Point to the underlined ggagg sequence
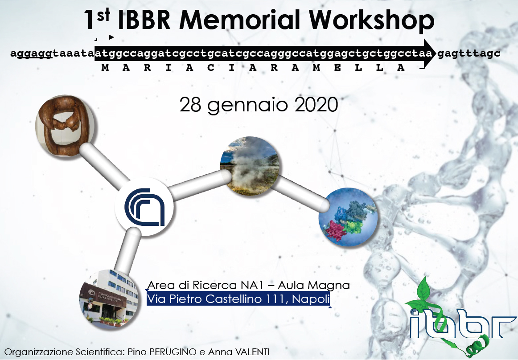pyautogui.click(x=34, y=53)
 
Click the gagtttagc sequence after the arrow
pyautogui.click(x=469, y=53)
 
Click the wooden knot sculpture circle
pyautogui.click(x=65, y=127)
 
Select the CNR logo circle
pyautogui.click(x=144, y=206)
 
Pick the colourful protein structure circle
pyautogui.click(x=348, y=217)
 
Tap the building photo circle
pyautogui.click(x=109, y=299)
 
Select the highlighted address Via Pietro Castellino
pyautogui.click(x=238, y=299)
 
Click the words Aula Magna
pyautogui.click(x=314, y=285)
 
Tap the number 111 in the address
pyautogui.click(x=276, y=299)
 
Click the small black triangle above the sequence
pyautogui.click(x=111, y=37)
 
